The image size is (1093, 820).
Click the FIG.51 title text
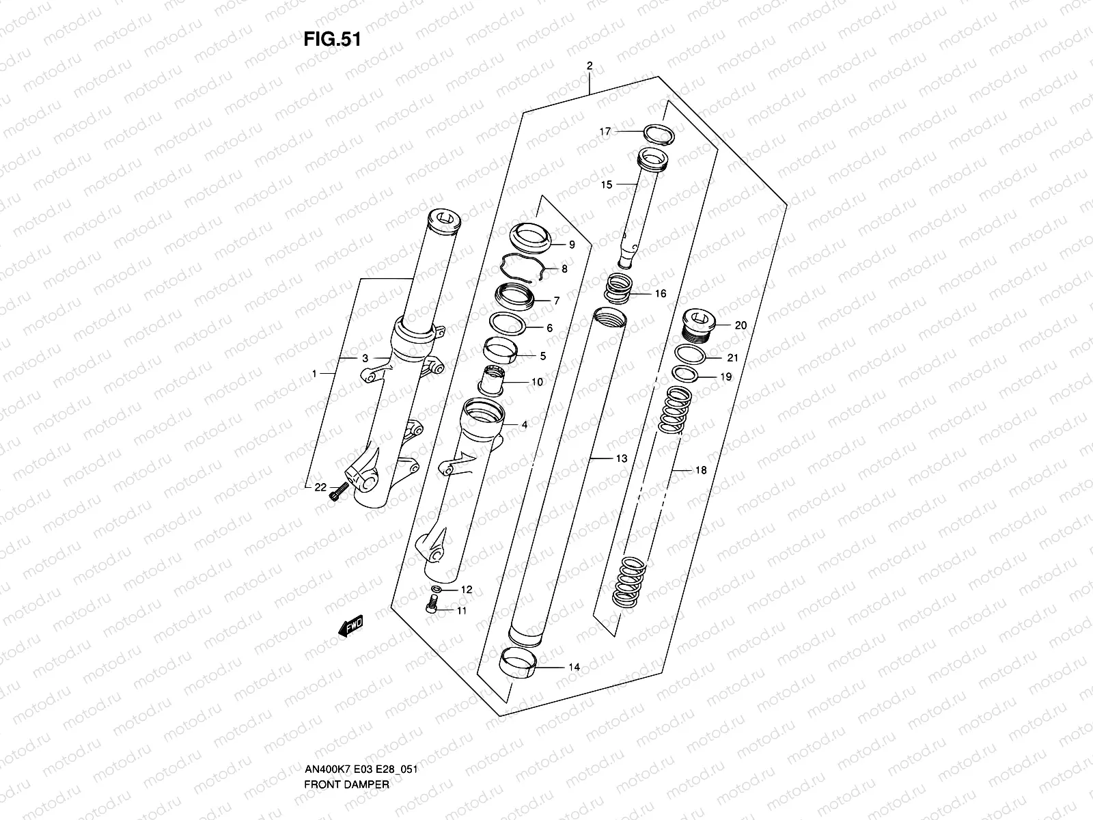[x=331, y=40]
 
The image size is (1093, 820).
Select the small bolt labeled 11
[x=430, y=605]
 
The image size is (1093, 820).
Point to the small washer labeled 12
[x=436, y=588]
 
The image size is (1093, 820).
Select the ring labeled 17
[x=658, y=134]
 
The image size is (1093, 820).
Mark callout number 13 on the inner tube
[x=620, y=459]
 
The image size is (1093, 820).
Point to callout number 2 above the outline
[x=589, y=66]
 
